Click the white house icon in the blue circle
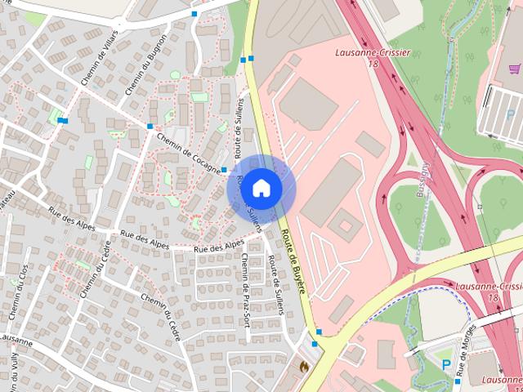pyautogui.click(x=261, y=188)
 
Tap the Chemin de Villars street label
pyautogui.click(x=96, y=57)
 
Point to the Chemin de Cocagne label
pyautogui.click(x=189, y=154)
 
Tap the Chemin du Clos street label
pyautogui.click(x=19, y=289)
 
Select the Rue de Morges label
pyautogui.click(x=467, y=359)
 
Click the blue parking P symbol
pyautogui.click(x=446, y=364)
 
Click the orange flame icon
pyautogui.click(x=305, y=367)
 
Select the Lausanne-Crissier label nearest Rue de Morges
pyautogui.click(x=489, y=291)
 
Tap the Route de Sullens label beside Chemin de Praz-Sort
pyautogui.click(x=278, y=285)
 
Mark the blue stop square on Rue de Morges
pyautogui.click(x=458, y=381)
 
